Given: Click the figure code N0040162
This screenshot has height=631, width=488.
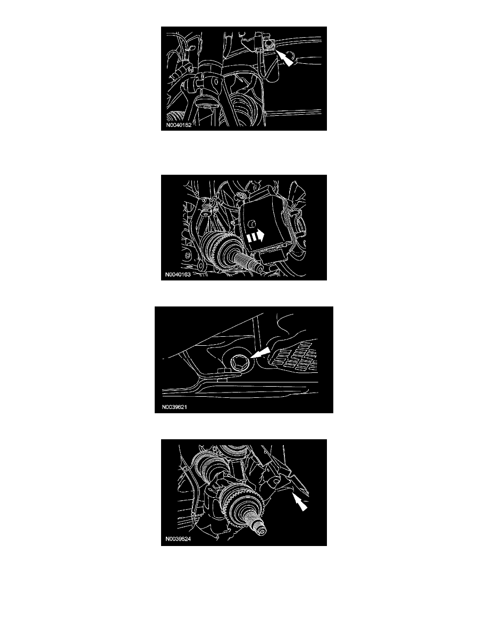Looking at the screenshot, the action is coord(179,125).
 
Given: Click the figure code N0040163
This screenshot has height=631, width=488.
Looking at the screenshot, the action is coord(178,275).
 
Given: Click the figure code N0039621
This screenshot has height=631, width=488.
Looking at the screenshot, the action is coord(174,407).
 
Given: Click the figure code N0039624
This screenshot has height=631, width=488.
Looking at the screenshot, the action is coord(178,539).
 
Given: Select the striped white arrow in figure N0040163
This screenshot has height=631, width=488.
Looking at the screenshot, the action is coord(255,236).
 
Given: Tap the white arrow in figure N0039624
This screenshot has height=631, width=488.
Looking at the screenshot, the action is coord(300,502).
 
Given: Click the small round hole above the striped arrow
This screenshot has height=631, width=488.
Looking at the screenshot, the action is coord(251,223).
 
